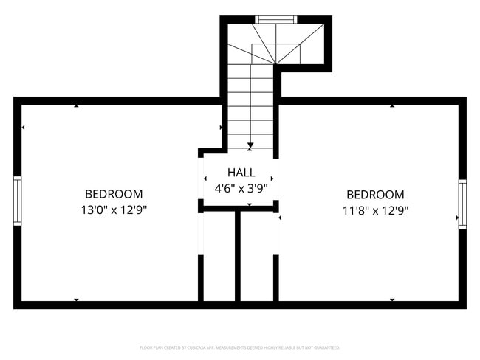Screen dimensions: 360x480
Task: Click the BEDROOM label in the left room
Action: coord(114,194)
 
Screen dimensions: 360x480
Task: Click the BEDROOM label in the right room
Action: coord(375,195)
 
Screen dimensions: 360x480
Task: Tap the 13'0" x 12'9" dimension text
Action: coord(114,210)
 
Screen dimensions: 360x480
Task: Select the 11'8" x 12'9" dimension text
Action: coord(375,210)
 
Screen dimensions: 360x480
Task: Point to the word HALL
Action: coord(241,173)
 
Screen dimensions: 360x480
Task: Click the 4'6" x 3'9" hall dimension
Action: coord(241,188)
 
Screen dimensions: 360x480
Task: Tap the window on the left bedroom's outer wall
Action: coord(18,200)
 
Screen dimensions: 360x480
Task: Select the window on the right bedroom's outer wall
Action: coord(462,204)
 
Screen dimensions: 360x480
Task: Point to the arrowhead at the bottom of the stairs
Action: coord(251,145)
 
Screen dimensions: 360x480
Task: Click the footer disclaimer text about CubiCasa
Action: coord(240,347)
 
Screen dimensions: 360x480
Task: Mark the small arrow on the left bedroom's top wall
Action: coord(77,106)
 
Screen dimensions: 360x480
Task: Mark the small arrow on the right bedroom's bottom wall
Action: coord(391,300)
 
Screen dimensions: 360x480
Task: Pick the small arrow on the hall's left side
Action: coord(205,179)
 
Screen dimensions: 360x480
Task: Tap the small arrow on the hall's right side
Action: coord(272,179)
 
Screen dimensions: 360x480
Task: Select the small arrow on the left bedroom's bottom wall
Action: coord(77,300)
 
